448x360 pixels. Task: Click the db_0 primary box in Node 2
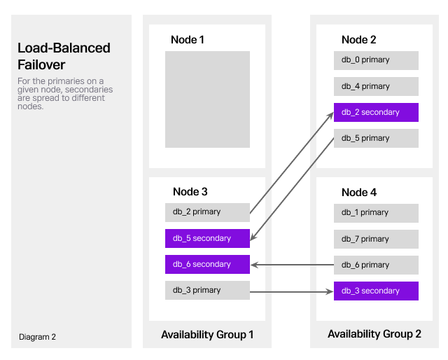[376, 60]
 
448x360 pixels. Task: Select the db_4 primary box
[376, 86]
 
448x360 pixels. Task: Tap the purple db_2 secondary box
[376, 112]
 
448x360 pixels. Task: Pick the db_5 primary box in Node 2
[376, 138]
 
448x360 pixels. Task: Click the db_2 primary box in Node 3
[207, 212]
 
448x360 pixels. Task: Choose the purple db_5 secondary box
[207, 238]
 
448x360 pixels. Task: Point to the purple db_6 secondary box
[207, 264]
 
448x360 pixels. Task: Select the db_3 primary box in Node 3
[207, 290]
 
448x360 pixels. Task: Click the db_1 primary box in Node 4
[376, 213]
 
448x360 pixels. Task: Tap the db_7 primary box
[376, 239]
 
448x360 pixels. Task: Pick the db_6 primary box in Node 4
[376, 265]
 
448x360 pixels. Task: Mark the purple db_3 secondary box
[376, 291]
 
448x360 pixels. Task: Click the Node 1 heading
[188, 40]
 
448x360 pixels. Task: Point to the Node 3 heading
[190, 191]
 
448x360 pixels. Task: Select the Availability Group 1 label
[207, 335]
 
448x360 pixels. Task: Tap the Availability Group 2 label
[374, 335]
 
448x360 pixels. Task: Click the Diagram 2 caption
[37, 337]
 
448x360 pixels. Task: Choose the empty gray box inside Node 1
[207, 99]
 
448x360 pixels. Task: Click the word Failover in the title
[42, 65]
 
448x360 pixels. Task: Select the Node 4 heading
[359, 192]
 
